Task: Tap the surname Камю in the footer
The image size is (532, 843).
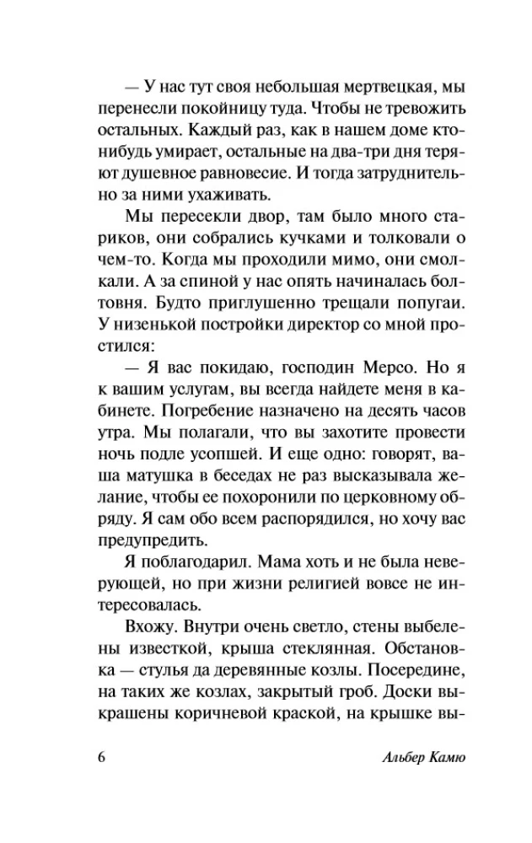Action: click(441, 755)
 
